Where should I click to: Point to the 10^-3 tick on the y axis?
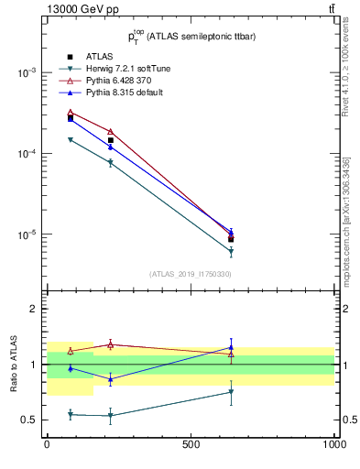coord(27,72)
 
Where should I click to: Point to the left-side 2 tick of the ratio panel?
coord(33,309)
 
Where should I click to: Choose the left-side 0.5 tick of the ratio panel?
coord(30,420)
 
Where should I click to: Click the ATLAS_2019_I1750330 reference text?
coord(191,274)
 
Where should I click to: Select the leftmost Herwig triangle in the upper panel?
coord(71,139)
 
